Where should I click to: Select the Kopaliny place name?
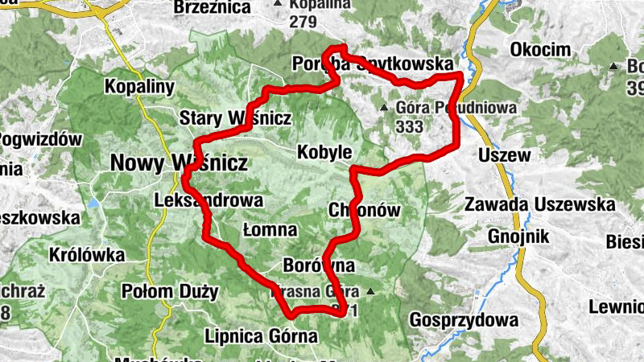pyautogui.click(x=140, y=86)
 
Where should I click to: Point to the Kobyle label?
pyautogui.click(x=324, y=151)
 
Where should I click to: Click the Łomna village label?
pyautogui.click(x=270, y=230)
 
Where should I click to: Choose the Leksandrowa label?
pyautogui.click(x=208, y=200)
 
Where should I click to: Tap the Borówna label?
pyautogui.click(x=319, y=265)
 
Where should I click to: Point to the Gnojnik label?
pyautogui.click(x=518, y=236)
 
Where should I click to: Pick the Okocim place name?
pyautogui.click(x=540, y=51)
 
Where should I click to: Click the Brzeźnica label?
pyautogui.click(x=212, y=7)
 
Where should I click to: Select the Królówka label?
pyautogui.click(x=87, y=255)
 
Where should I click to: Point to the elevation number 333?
pyautogui.click(x=410, y=125)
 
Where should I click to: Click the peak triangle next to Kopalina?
pyautogui.click(x=278, y=5)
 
